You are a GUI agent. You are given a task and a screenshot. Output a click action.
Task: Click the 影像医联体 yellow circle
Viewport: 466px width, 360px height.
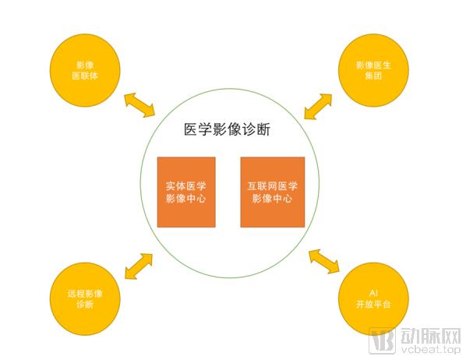point(85,70)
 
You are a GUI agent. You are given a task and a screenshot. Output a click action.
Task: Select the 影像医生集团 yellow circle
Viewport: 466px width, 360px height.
point(373,70)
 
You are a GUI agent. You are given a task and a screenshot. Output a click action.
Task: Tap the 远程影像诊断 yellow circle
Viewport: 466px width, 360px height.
point(85,298)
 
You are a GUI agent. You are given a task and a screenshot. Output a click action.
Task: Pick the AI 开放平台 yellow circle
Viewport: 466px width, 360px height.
point(373,298)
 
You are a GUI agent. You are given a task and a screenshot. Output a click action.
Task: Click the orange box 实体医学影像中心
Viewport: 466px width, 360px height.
point(186,192)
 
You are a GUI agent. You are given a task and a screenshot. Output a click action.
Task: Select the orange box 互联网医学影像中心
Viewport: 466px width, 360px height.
point(273,192)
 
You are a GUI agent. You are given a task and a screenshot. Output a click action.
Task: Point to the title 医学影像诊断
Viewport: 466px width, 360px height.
point(227,129)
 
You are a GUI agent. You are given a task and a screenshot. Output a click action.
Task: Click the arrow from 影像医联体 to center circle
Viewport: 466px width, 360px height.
point(139,105)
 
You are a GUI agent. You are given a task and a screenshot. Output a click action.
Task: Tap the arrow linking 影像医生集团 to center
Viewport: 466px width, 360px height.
point(318,107)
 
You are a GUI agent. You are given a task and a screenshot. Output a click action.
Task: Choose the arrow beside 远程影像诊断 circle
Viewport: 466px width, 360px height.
point(139,266)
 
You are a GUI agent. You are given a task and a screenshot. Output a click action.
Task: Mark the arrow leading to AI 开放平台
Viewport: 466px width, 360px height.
point(324,261)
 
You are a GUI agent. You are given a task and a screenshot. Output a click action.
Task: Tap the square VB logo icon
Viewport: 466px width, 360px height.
point(382,341)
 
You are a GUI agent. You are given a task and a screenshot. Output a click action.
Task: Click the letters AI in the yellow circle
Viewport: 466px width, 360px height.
point(373,293)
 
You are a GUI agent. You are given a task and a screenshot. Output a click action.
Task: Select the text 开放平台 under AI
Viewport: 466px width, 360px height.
point(373,304)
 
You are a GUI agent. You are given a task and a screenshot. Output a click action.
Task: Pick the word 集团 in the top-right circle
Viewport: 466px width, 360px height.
point(373,76)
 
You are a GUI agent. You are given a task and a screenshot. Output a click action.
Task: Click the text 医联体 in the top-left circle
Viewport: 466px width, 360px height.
point(85,76)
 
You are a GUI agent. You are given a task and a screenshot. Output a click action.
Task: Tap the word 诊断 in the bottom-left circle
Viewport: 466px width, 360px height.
point(85,304)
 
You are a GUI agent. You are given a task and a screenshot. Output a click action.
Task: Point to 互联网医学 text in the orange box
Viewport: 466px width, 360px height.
point(273,186)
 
